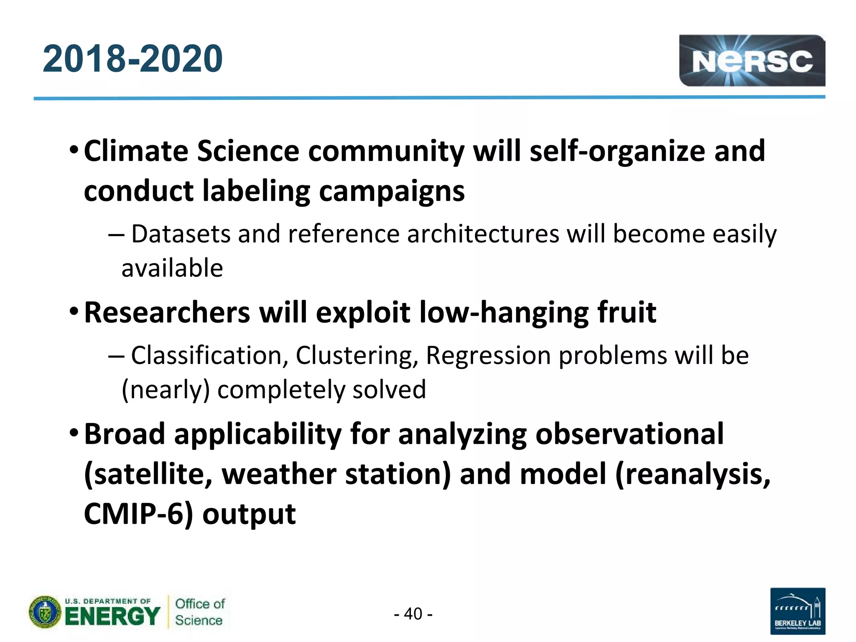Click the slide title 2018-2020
point(132,59)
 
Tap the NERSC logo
point(752,61)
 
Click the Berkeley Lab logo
point(797,611)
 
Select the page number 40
point(413,614)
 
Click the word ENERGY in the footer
point(112,617)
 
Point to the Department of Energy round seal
point(45,612)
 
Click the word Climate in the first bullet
point(136,151)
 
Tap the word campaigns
point(392,191)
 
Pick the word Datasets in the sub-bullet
point(181,234)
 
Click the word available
point(172,268)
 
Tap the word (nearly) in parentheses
point(166,390)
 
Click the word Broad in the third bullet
point(125,434)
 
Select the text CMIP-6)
point(138,514)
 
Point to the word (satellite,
point(148,474)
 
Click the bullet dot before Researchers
point(74,311)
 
